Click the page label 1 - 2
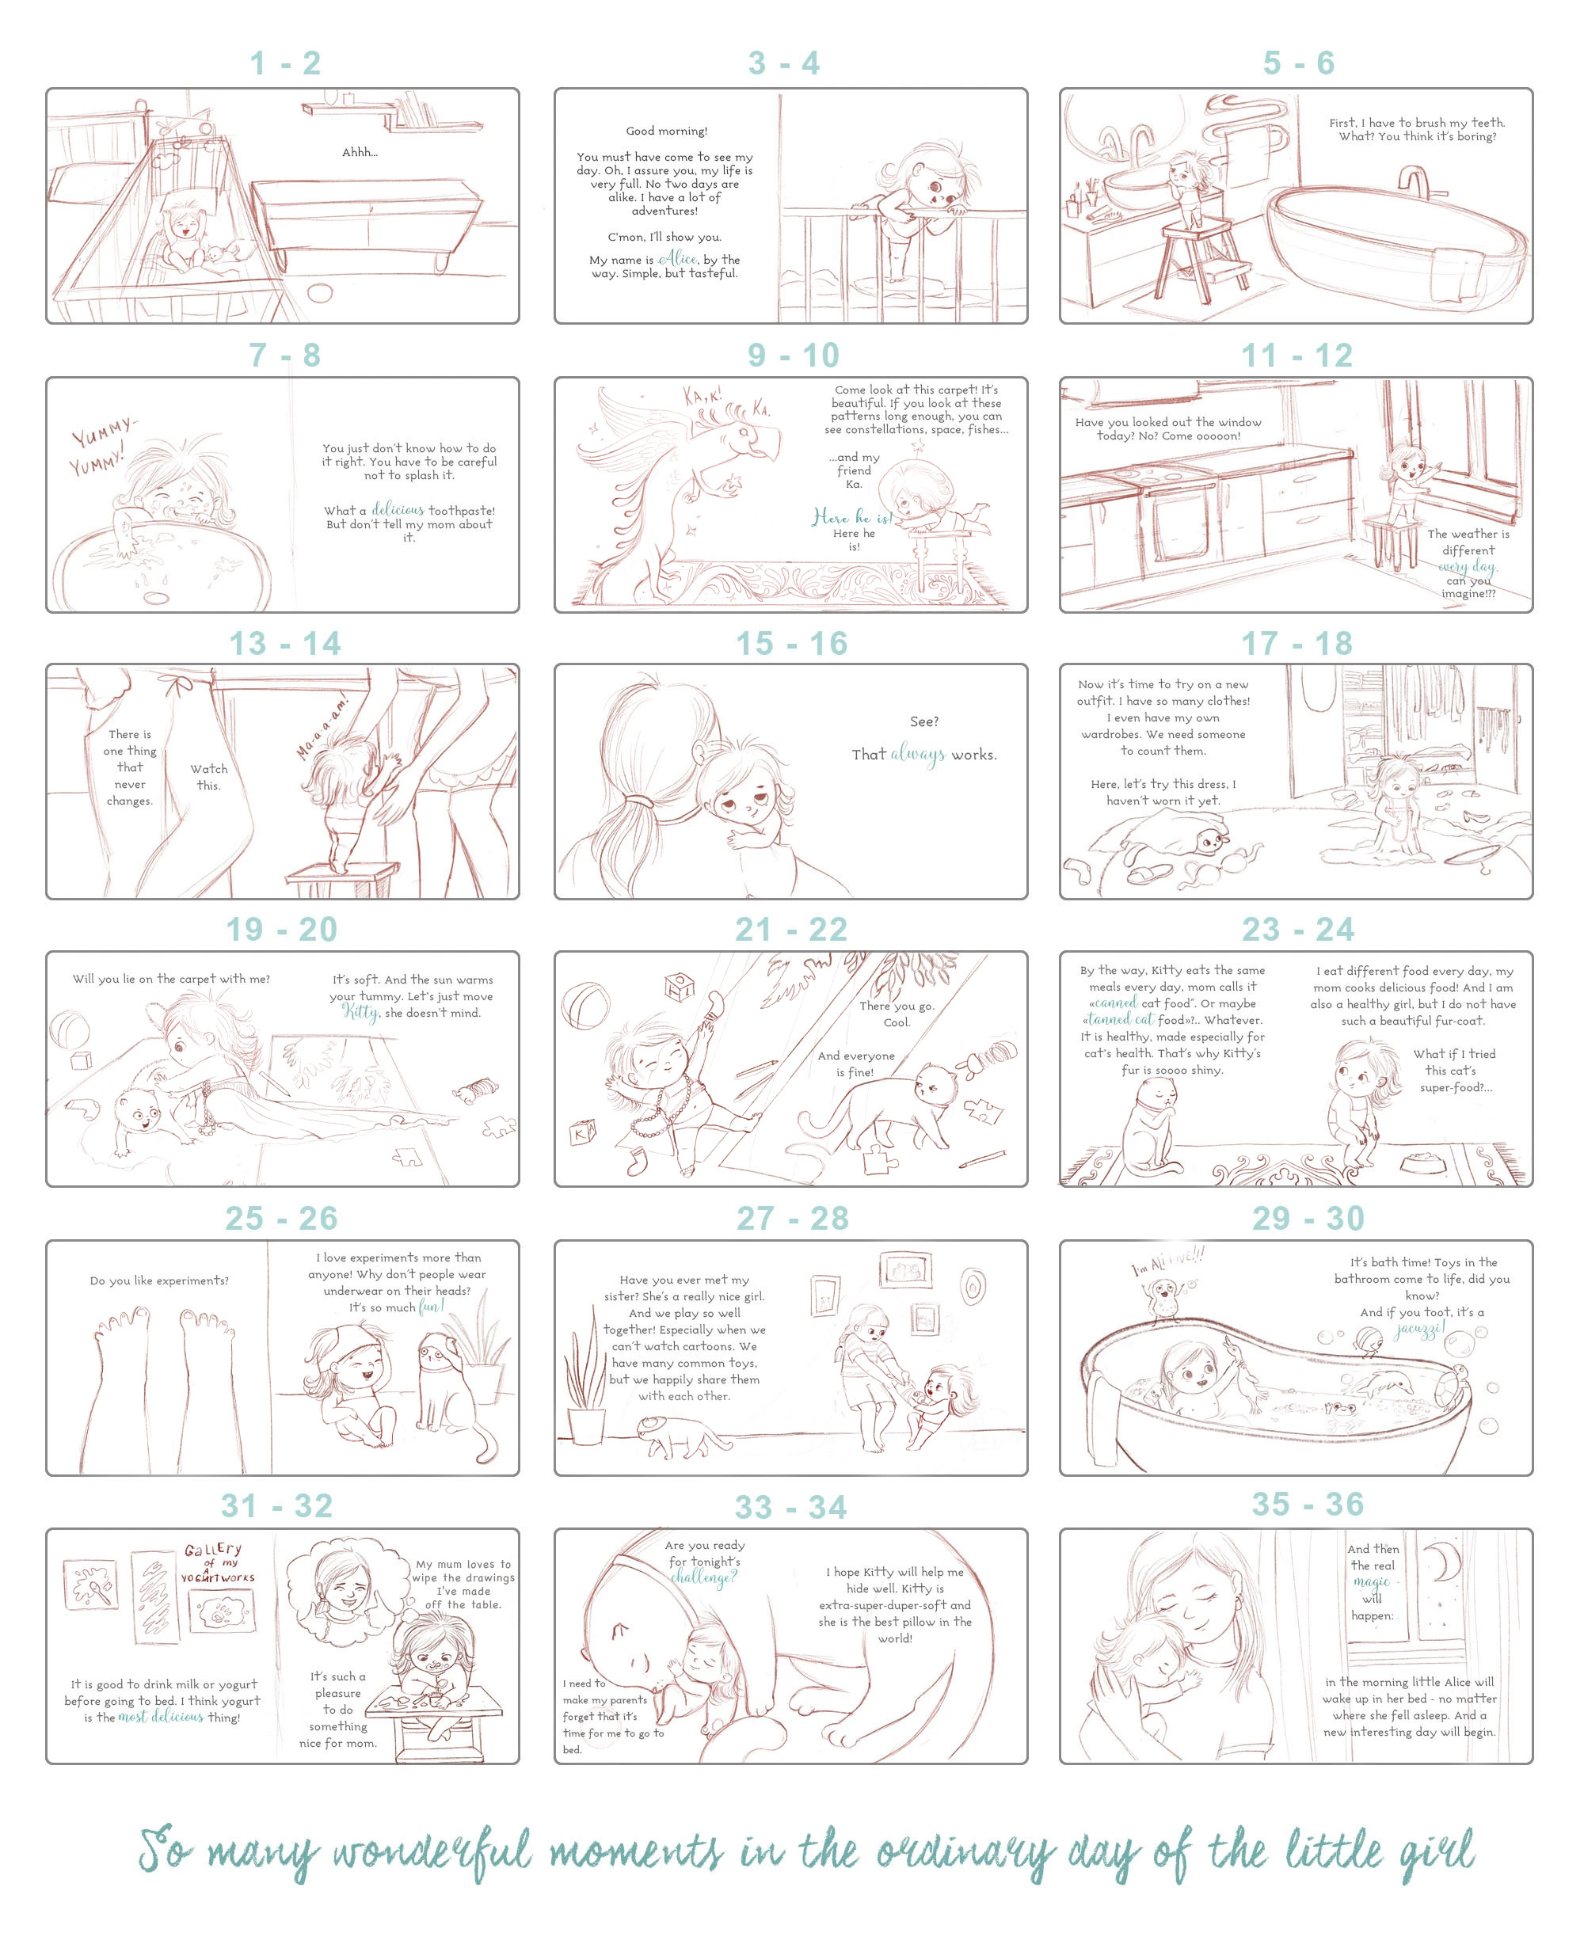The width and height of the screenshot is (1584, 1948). pos(286,63)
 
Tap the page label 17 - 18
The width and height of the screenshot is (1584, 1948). pos(1297,643)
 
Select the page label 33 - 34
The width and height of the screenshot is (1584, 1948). pos(791,1507)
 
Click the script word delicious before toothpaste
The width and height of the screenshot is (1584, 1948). pos(398,510)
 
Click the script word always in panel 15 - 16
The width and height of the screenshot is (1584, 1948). pos(918,755)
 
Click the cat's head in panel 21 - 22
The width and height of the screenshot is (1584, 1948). pos(936,1083)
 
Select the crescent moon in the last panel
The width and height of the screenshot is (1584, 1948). pos(1445,1563)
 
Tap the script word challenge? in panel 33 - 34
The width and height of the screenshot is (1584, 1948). pos(703,1577)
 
